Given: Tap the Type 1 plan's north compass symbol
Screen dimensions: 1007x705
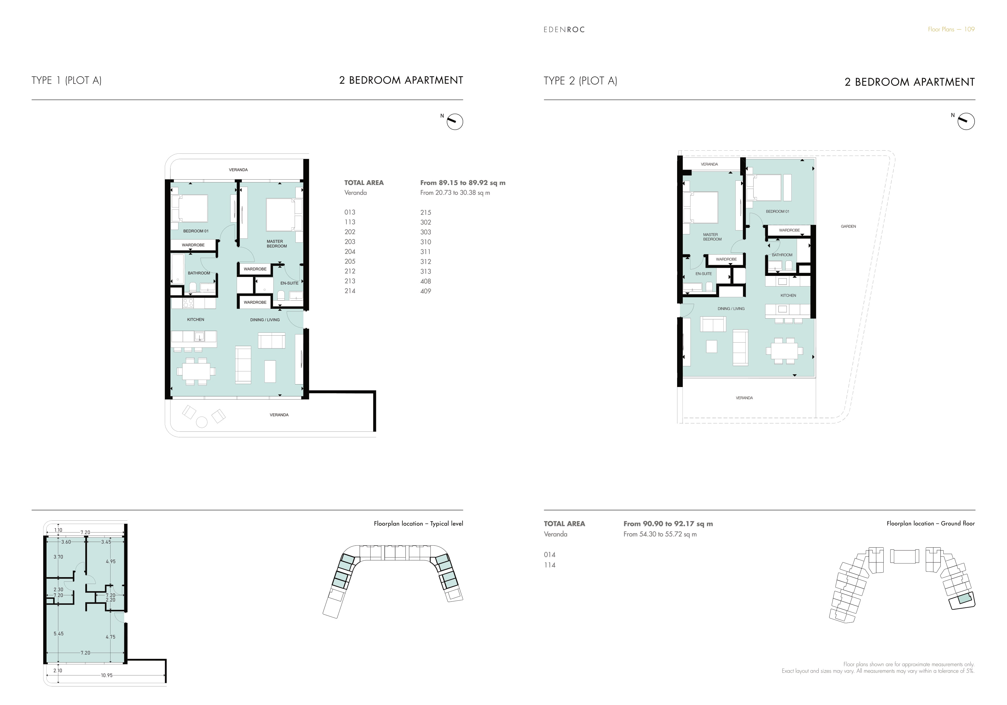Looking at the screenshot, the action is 455,122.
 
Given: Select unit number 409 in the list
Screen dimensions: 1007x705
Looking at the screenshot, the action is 425,291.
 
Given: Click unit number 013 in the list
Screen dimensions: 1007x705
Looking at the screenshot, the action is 349,212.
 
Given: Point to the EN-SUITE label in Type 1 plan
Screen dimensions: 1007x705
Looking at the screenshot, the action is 290,283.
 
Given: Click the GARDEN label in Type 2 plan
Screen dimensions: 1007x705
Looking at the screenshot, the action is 848,226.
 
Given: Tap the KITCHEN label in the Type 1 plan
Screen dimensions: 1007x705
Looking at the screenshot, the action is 195,319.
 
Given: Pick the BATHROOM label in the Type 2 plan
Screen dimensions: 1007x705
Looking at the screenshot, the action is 782,255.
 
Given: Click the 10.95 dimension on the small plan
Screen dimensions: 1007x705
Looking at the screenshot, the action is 107,675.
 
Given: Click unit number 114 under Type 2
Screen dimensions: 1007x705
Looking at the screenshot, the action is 550,565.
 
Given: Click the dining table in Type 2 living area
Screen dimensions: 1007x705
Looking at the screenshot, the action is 784,351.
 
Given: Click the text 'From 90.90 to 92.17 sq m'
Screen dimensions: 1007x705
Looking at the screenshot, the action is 668,524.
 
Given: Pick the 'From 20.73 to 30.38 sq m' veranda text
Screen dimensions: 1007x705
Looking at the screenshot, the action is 455,193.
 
